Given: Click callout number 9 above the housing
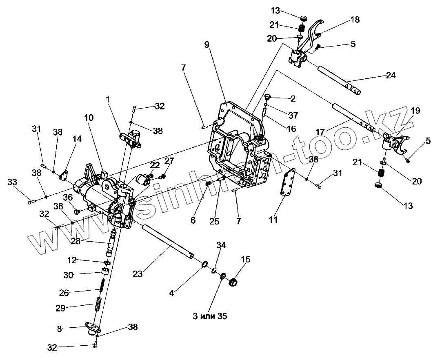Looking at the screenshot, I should pos(207,44).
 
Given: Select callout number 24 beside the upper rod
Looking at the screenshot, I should pos(391,75).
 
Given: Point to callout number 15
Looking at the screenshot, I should pos(246,260).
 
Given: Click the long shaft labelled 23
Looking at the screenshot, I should pos(167,242).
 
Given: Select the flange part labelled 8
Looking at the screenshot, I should pos(93,327).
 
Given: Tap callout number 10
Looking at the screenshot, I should pos(89,118).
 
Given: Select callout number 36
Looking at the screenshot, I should pos(68,197).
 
